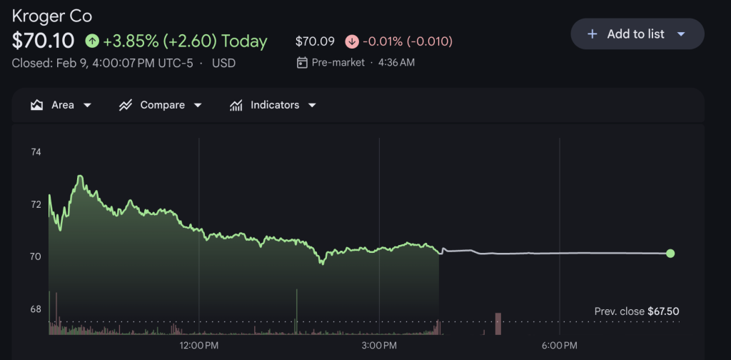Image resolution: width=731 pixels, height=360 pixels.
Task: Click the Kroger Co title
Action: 52,16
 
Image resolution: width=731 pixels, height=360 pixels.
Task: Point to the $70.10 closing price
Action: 44,41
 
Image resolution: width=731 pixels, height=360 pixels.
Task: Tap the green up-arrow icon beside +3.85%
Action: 92,41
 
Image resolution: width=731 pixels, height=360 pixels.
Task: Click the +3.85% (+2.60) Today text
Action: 185,41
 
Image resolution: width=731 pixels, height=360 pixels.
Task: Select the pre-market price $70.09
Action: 315,41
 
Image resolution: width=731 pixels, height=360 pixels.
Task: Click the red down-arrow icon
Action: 352,41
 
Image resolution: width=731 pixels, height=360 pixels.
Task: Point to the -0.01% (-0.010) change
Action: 408,41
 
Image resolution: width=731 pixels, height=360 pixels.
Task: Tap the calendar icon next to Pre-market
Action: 302,63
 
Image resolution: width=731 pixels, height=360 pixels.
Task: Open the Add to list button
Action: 637,34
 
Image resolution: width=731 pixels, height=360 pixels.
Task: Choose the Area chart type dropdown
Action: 61,105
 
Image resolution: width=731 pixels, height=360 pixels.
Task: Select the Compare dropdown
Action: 161,105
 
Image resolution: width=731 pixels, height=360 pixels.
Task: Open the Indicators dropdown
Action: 273,105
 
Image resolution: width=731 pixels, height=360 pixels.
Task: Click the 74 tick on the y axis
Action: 36,152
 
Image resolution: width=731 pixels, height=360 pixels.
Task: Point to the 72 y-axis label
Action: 36,204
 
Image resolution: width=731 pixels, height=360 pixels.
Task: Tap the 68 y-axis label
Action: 36,309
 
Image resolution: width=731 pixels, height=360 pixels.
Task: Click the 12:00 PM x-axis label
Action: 199,346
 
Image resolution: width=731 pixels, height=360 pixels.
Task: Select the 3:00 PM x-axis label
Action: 379,346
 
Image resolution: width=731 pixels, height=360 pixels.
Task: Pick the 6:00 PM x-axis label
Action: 559,346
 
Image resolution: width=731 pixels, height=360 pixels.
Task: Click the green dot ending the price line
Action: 670,254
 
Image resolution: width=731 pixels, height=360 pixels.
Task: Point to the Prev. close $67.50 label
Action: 636,311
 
